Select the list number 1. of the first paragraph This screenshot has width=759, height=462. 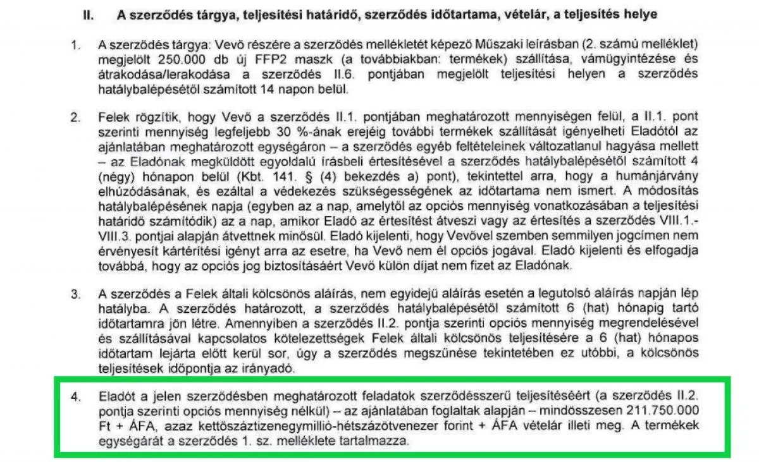pyautogui.click(x=76, y=46)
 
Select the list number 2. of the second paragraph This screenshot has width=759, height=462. pyautogui.click(x=76, y=118)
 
